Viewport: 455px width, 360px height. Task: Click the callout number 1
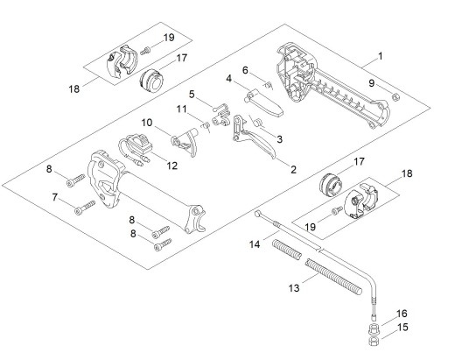pyautogui.click(x=380, y=56)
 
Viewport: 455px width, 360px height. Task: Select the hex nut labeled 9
pyautogui.click(x=395, y=96)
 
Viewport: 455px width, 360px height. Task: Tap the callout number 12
pyautogui.click(x=172, y=166)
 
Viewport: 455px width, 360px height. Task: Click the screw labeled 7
pyautogui.click(x=85, y=207)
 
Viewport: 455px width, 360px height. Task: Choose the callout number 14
pyautogui.click(x=255, y=244)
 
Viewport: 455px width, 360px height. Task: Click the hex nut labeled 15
pyautogui.click(x=374, y=341)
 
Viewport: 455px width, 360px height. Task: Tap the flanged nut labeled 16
pyautogui.click(x=374, y=328)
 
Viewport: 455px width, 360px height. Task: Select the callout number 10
pyautogui.click(x=147, y=123)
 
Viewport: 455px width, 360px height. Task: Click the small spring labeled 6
pyautogui.click(x=268, y=85)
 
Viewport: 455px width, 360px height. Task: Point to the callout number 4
pyautogui.click(x=229, y=78)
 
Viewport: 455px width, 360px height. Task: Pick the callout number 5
pyautogui.click(x=192, y=95)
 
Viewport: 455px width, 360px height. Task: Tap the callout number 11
pyautogui.click(x=181, y=109)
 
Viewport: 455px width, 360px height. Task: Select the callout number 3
pyautogui.click(x=280, y=139)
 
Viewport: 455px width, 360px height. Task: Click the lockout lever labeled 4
pyautogui.click(x=264, y=102)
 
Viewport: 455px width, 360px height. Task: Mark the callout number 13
pyautogui.click(x=294, y=288)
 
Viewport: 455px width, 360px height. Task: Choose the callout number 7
pyautogui.click(x=54, y=197)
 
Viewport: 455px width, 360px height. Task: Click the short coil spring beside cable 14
pyautogui.click(x=287, y=249)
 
